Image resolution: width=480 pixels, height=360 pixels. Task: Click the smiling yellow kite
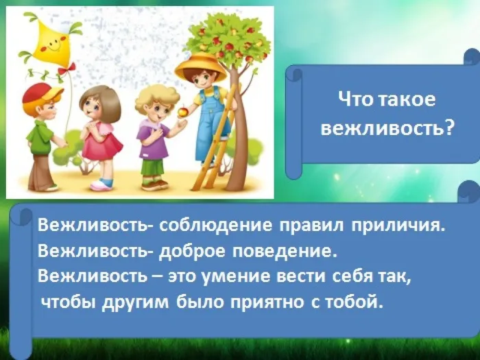pos(48,42)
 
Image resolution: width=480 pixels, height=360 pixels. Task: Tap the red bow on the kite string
pos(66,69)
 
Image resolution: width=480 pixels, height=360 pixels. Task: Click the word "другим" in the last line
pos(137,302)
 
